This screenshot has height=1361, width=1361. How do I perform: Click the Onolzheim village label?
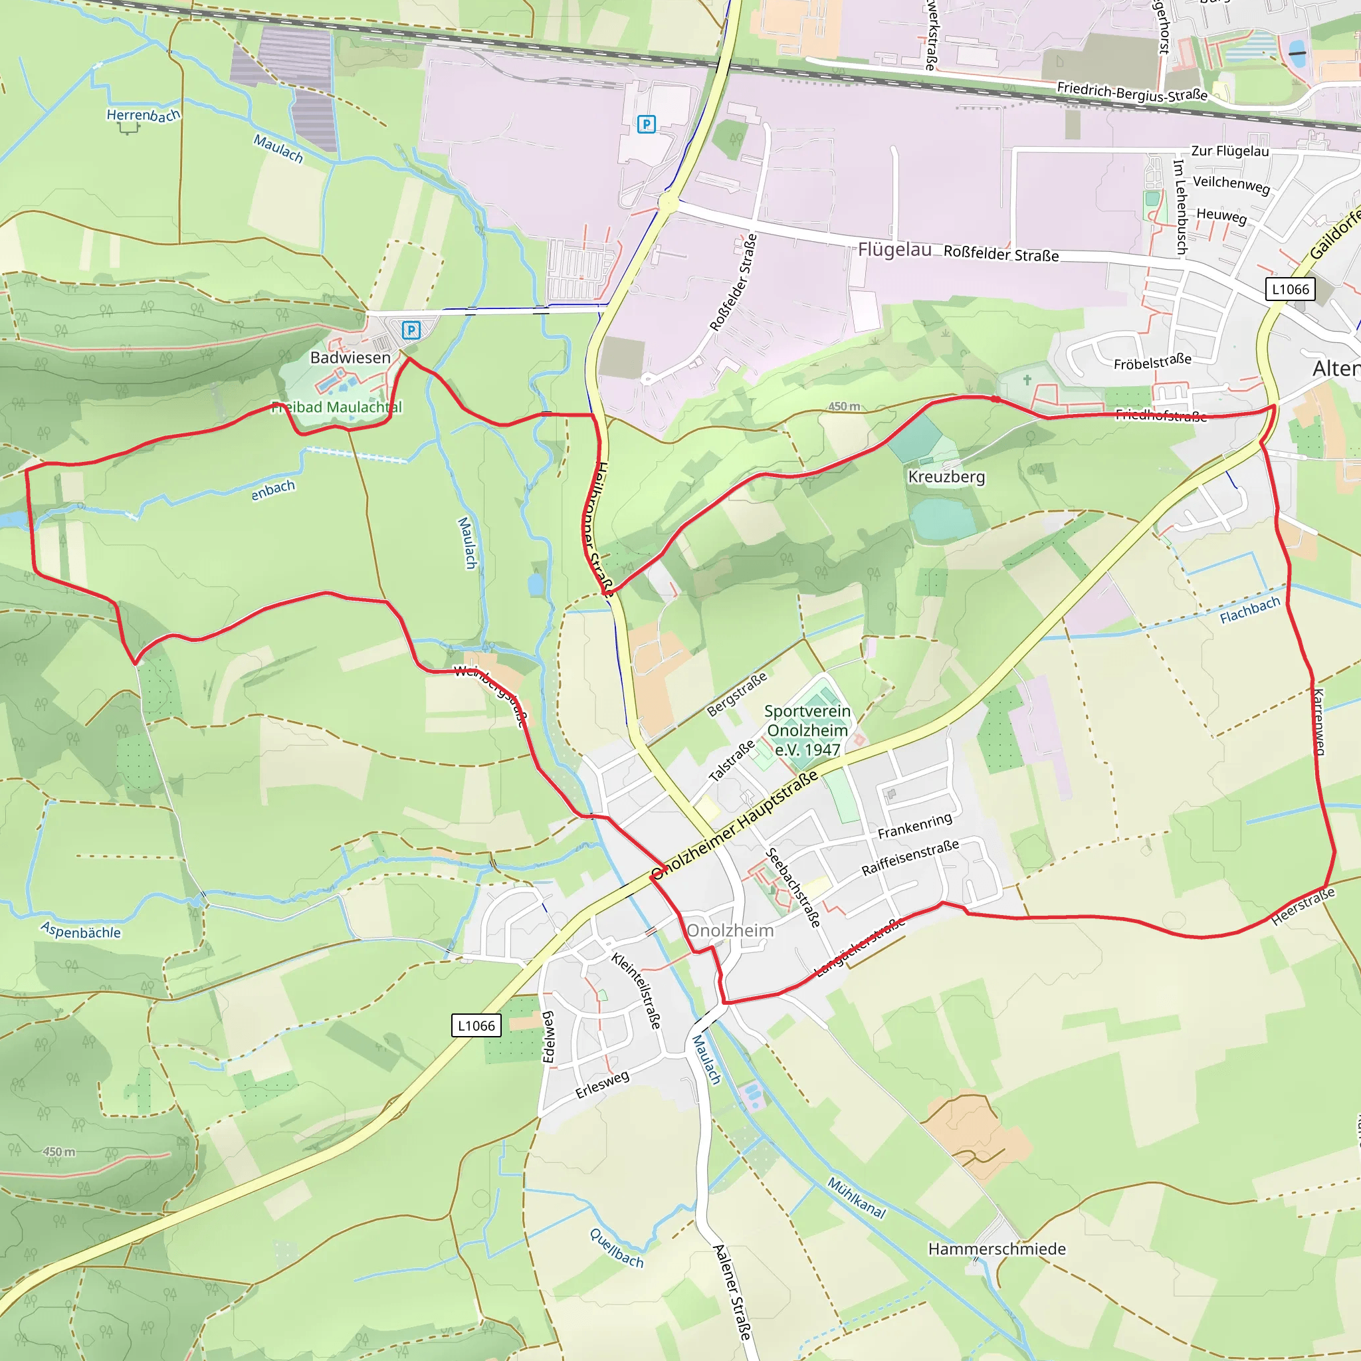coord(730,930)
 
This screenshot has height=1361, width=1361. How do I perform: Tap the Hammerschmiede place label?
coord(997,1249)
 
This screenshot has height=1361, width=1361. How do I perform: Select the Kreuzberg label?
coord(946,477)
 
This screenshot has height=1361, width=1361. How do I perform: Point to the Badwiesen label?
coord(350,358)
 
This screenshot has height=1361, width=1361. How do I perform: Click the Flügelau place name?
coord(894,249)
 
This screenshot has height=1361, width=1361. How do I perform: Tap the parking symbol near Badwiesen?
coord(411,330)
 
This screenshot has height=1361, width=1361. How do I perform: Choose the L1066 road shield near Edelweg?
coord(476,1025)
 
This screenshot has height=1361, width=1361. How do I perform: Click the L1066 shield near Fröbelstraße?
coord(1290,290)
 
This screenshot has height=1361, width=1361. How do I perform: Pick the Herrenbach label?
coord(143,115)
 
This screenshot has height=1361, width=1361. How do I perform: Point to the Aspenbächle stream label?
coord(81,931)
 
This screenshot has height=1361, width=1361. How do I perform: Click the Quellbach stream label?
coord(617,1248)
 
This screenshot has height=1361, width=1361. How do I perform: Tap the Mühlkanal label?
coord(856,1198)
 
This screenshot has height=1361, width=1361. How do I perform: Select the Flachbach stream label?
coord(1250,610)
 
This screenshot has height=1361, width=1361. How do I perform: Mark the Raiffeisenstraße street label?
coord(910,858)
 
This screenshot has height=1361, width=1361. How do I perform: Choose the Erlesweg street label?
coord(602,1085)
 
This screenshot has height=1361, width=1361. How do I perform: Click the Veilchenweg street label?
coord(1231,185)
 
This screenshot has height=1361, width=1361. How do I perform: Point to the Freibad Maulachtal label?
coord(338,407)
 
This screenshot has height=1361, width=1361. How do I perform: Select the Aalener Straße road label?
coord(732,1292)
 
